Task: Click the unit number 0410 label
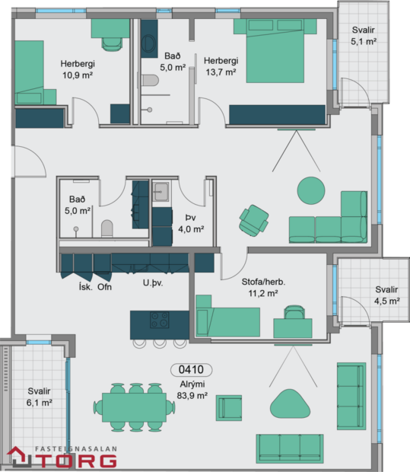[191, 371]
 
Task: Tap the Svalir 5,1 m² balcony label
[364, 36]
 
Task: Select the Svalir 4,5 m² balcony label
[386, 295]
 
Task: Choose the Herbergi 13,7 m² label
[221, 66]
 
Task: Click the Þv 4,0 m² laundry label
[186, 222]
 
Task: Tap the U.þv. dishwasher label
[154, 284]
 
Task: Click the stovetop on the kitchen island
[160, 320]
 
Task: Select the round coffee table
[310, 190]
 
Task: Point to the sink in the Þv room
[161, 190]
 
